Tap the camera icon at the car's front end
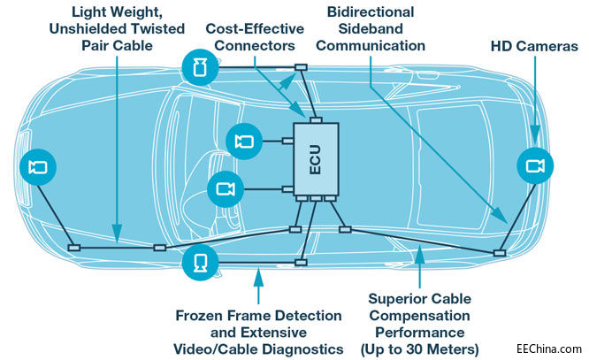(x=38, y=167)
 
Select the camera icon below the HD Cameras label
(x=534, y=165)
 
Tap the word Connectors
(x=251, y=45)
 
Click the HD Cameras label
(x=534, y=45)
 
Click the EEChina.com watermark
(x=551, y=349)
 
